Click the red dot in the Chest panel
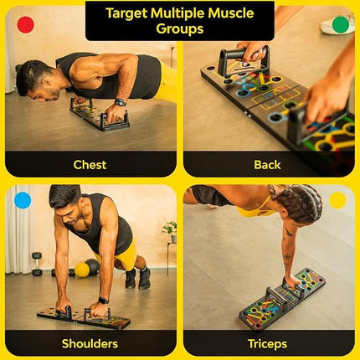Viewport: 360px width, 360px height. click(x=25, y=24)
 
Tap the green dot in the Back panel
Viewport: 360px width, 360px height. click(x=340, y=24)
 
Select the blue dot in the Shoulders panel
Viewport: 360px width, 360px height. click(x=23, y=200)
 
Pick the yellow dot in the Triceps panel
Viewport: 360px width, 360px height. click(x=337, y=200)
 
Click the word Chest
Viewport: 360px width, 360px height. click(x=90, y=165)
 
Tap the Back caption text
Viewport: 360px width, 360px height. click(x=267, y=165)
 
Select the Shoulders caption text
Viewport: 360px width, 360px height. click(x=90, y=343)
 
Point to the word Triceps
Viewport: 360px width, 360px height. click(x=267, y=343)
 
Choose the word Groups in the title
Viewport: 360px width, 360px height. click(x=180, y=29)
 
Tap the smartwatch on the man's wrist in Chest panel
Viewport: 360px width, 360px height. click(x=121, y=102)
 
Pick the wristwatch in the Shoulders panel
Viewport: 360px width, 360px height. click(x=102, y=300)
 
